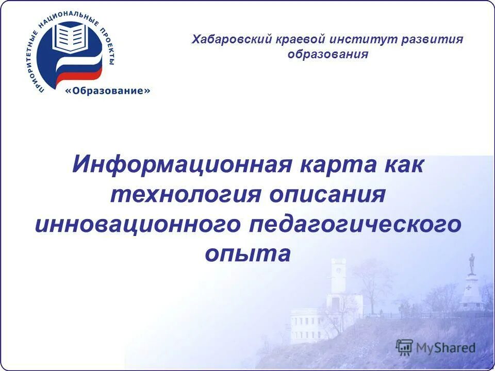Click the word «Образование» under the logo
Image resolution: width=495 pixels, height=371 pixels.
point(108,91)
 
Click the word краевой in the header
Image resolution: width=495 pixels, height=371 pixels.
point(295,40)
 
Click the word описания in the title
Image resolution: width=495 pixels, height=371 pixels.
point(327,195)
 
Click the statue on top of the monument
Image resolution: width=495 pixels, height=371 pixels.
point(471,263)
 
